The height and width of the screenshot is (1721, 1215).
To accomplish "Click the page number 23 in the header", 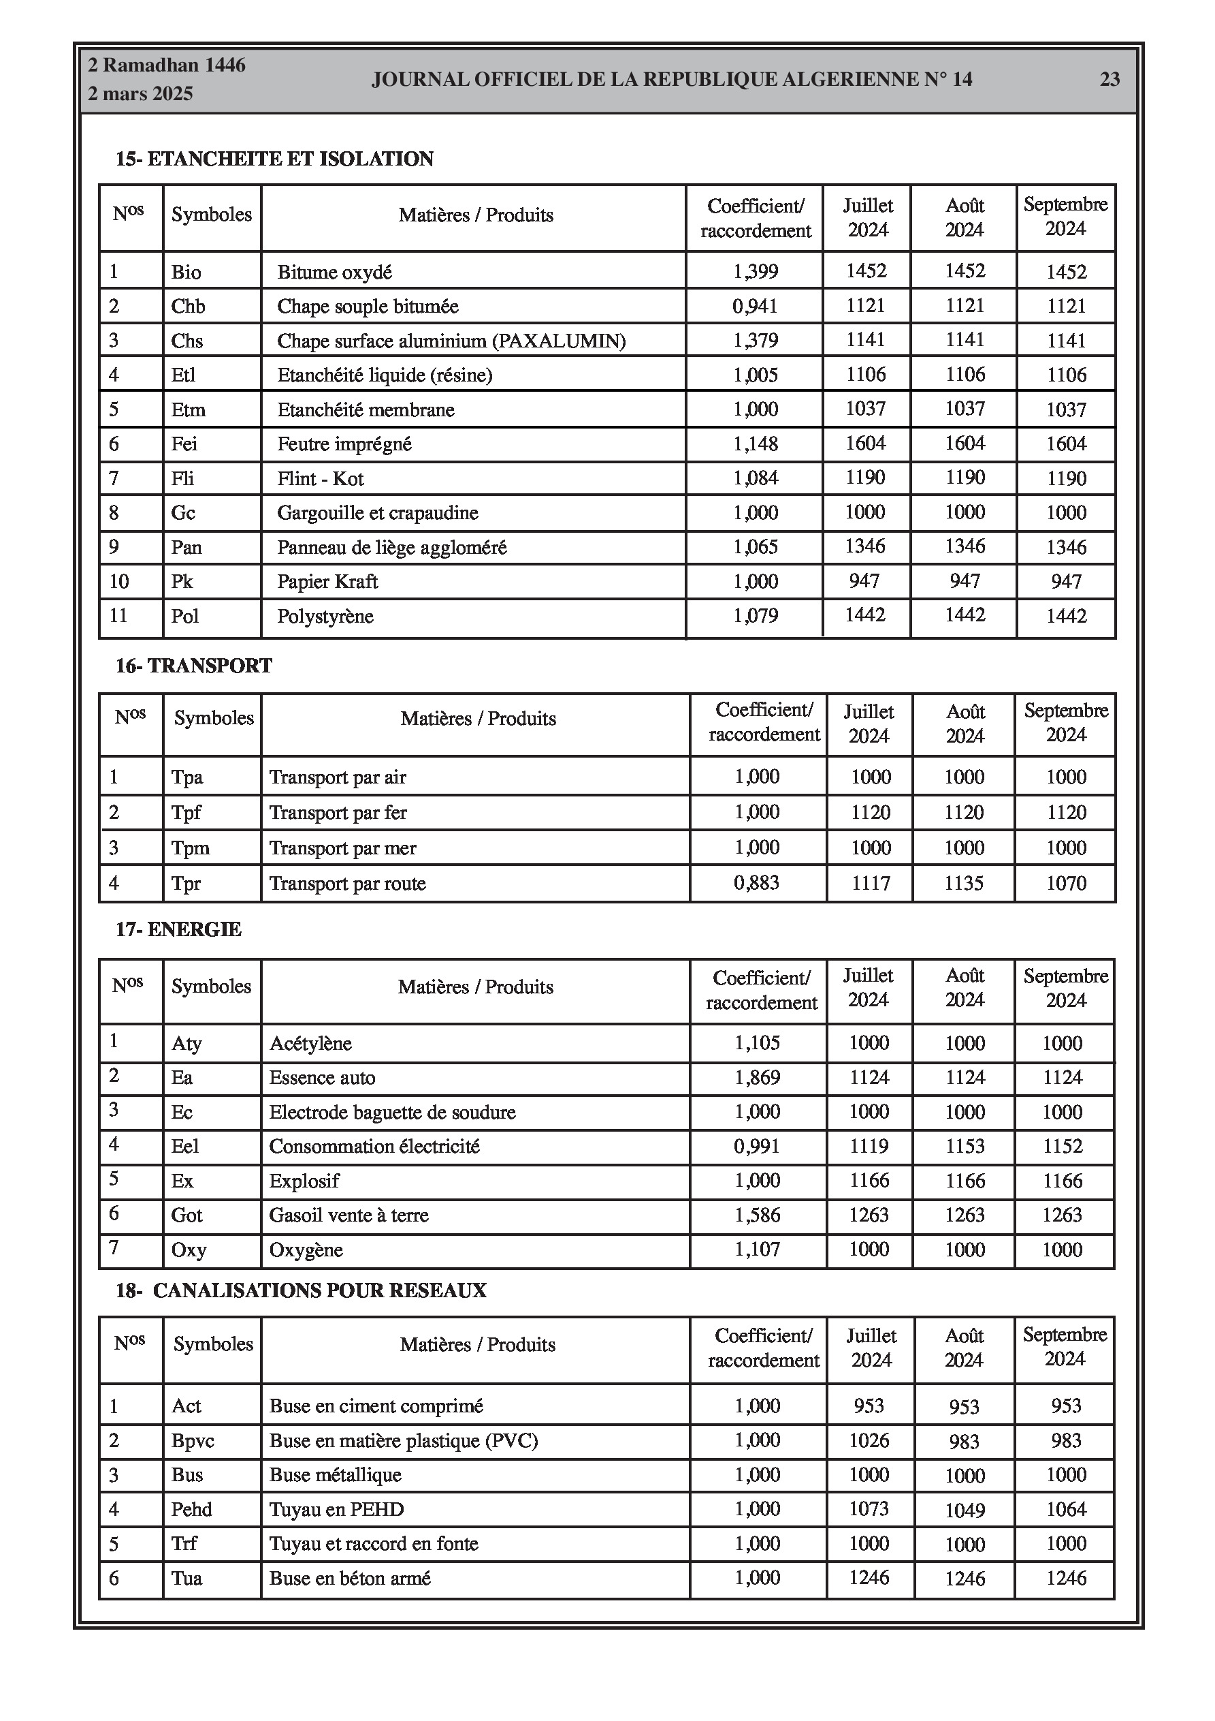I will pyautogui.click(x=1109, y=80).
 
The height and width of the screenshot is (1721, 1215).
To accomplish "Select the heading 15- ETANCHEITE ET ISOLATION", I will pyautogui.click(x=274, y=159).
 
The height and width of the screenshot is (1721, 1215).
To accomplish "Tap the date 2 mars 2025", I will pyautogui.click(x=140, y=94).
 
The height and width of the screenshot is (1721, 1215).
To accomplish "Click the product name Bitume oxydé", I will pyautogui.click(x=334, y=272).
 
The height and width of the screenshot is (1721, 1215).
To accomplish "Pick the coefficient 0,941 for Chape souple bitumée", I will pyautogui.click(x=755, y=306).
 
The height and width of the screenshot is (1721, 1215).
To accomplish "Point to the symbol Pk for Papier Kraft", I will pyautogui.click(x=182, y=582).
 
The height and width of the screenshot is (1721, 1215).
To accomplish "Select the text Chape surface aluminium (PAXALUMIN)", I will pyautogui.click(x=451, y=341).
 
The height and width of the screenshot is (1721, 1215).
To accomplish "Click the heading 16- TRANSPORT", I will pyautogui.click(x=193, y=666).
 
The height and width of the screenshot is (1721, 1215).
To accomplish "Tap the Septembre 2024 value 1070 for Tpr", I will pyautogui.click(x=1066, y=883).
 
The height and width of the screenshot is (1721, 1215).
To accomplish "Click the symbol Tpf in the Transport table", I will pyautogui.click(x=186, y=813).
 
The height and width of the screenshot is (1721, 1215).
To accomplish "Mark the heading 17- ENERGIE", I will pyautogui.click(x=178, y=929).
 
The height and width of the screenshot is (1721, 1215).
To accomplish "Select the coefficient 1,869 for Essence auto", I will pyautogui.click(x=758, y=1078).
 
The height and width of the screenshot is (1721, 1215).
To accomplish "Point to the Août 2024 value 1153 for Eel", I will pyautogui.click(x=965, y=1146).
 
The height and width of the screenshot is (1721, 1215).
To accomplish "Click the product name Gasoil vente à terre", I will pyautogui.click(x=349, y=1215).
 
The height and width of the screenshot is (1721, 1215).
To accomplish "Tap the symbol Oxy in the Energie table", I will pyautogui.click(x=189, y=1250).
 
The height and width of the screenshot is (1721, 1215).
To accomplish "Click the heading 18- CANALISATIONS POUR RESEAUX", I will pyautogui.click(x=300, y=1290).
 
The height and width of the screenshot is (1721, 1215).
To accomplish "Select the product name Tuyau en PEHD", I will pyautogui.click(x=336, y=1510).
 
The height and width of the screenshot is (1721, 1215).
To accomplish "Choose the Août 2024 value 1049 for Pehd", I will pyautogui.click(x=965, y=1510).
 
